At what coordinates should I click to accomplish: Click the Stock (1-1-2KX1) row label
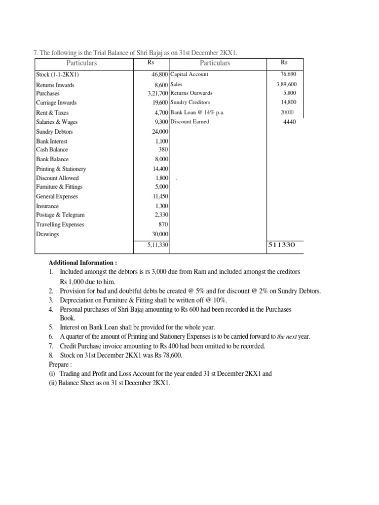[x=58, y=74]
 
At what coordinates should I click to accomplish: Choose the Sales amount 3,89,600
[x=287, y=84]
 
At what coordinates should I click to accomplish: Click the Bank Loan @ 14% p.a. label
[x=196, y=112]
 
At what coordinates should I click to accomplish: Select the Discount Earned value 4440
[x=290, y=122]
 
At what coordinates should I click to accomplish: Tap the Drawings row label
[x=47, y=234]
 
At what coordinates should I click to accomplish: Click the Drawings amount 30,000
[x=160, y=234]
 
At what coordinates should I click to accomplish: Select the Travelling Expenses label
[x=60, y=224]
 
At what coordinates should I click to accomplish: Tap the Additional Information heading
[x=83, y=263]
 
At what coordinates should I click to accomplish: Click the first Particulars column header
[x=82, y=63]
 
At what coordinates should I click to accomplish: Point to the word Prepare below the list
[x=60, y=365]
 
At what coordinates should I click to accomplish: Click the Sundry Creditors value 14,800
[x=288, y=103]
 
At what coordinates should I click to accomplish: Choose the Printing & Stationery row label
[x=61, y=169]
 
